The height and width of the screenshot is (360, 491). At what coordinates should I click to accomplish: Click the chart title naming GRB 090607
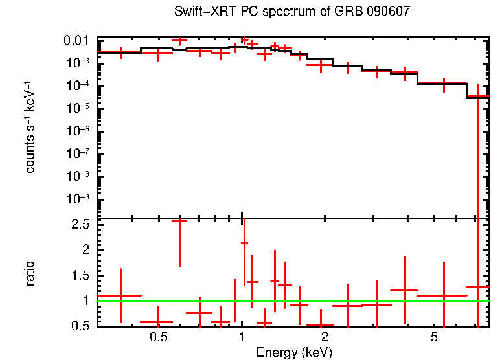(292, 12)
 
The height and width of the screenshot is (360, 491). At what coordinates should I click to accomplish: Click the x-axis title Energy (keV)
(294, 352)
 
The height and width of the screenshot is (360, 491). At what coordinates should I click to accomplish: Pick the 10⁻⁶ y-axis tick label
(78, 131)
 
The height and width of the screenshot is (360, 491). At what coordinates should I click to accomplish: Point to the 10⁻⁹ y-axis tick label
(78, 199)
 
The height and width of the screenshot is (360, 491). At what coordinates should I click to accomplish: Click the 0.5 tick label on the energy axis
(157, 338)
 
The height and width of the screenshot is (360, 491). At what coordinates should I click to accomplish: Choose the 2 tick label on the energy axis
(325, 338)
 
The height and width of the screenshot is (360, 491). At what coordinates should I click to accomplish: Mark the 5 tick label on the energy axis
(435, 338)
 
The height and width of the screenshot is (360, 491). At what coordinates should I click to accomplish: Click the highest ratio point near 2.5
(179, 221)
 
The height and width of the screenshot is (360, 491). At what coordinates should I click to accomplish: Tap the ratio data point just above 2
(244, 243)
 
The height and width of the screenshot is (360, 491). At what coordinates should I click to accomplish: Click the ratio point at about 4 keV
(405, 290)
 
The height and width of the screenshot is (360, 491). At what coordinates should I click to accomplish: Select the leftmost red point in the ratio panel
(120, 295)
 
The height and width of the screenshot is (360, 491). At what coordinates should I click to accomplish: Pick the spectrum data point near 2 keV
(321, 65)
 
